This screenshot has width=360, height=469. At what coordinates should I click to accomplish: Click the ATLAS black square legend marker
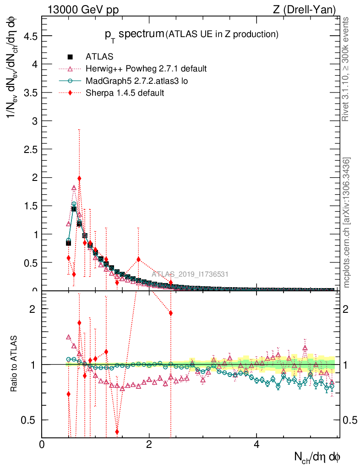click(70, 57)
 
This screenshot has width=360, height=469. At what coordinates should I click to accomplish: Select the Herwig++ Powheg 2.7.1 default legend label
click(146, 69)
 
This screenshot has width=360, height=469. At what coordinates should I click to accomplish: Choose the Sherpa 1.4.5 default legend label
click(125, 93)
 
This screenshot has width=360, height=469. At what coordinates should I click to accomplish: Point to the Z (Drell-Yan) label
click(311, 9)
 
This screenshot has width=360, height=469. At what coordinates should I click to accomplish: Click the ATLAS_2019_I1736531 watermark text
click(190, 274)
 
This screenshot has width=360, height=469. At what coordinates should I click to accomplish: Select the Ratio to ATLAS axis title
click(14, 365)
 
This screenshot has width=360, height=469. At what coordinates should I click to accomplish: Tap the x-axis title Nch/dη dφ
click(318, 457)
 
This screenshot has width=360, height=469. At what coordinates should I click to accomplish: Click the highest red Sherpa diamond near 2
click(79, 179)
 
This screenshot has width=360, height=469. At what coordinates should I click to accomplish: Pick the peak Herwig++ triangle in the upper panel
click(74, 188)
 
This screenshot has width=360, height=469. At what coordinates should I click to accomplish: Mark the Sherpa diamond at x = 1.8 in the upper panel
click(138, 259)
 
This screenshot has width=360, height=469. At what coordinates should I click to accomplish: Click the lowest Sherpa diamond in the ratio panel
click(117, 432)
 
